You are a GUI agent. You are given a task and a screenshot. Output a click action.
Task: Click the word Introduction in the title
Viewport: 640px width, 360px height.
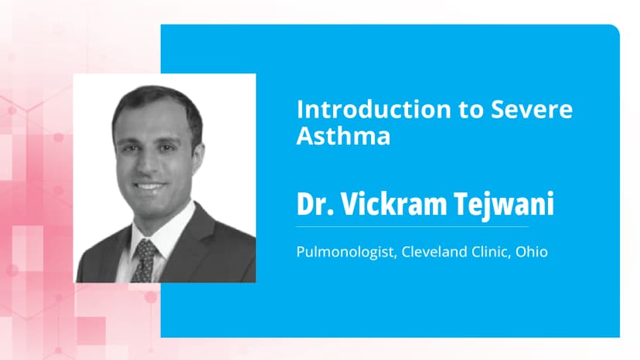(x=364, y=109)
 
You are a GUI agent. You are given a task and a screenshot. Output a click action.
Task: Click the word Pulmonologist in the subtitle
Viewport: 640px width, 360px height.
(x=345, y=253)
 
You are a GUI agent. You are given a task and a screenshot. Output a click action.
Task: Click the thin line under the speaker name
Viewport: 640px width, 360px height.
(x=412, y=226)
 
